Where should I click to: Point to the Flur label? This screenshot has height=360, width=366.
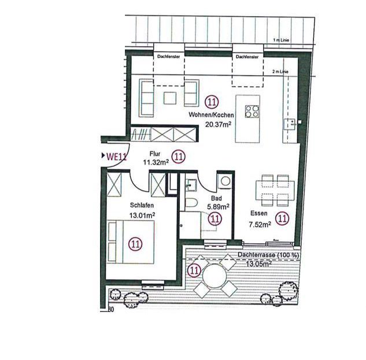click(154, 154)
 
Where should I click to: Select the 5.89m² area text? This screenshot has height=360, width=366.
click(218, 206)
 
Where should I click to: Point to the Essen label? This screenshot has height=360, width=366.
click(258, 211)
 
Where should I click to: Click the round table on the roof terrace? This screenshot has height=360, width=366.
click(211, 280)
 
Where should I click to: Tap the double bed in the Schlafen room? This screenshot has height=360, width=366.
click(132, 243)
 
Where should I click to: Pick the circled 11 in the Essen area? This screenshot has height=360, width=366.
click(282, 218)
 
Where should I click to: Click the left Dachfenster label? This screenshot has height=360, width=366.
click(168, 57)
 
